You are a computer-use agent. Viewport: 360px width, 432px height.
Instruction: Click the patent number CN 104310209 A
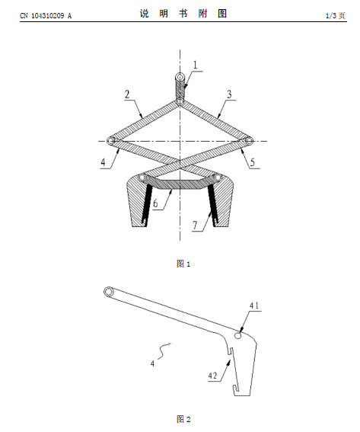point(46,16)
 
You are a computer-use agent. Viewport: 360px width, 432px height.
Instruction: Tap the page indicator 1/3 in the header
point(331,16)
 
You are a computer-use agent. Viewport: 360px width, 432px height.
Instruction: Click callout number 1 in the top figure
point(196,65)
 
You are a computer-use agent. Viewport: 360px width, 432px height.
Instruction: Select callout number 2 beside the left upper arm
point(127,94)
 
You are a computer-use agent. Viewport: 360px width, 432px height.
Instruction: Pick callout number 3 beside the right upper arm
point(229,94)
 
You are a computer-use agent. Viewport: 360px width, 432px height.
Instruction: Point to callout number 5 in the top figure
point(253,162)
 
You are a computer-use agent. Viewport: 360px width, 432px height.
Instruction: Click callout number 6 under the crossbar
point(155,203)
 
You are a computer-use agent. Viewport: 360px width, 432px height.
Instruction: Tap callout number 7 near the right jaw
point(195,226)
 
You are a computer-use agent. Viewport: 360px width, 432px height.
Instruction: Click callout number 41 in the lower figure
point(254,306)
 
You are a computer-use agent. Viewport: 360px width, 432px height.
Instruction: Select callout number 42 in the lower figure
point(212,376)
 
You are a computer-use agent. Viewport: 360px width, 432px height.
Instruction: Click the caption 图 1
point(183,264)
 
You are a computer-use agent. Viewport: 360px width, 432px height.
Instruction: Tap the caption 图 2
point(183,419)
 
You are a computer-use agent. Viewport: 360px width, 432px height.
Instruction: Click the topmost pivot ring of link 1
point(180,77)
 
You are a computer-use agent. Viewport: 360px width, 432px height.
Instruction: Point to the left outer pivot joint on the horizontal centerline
point(111,141)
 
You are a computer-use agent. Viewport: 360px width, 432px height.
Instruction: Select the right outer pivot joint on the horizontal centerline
point(249,141)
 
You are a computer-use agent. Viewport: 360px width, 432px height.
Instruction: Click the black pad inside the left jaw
point(147,204)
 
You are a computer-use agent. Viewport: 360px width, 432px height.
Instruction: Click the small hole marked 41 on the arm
point(238,335)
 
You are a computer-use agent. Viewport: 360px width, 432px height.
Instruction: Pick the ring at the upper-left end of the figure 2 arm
point(108,292)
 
